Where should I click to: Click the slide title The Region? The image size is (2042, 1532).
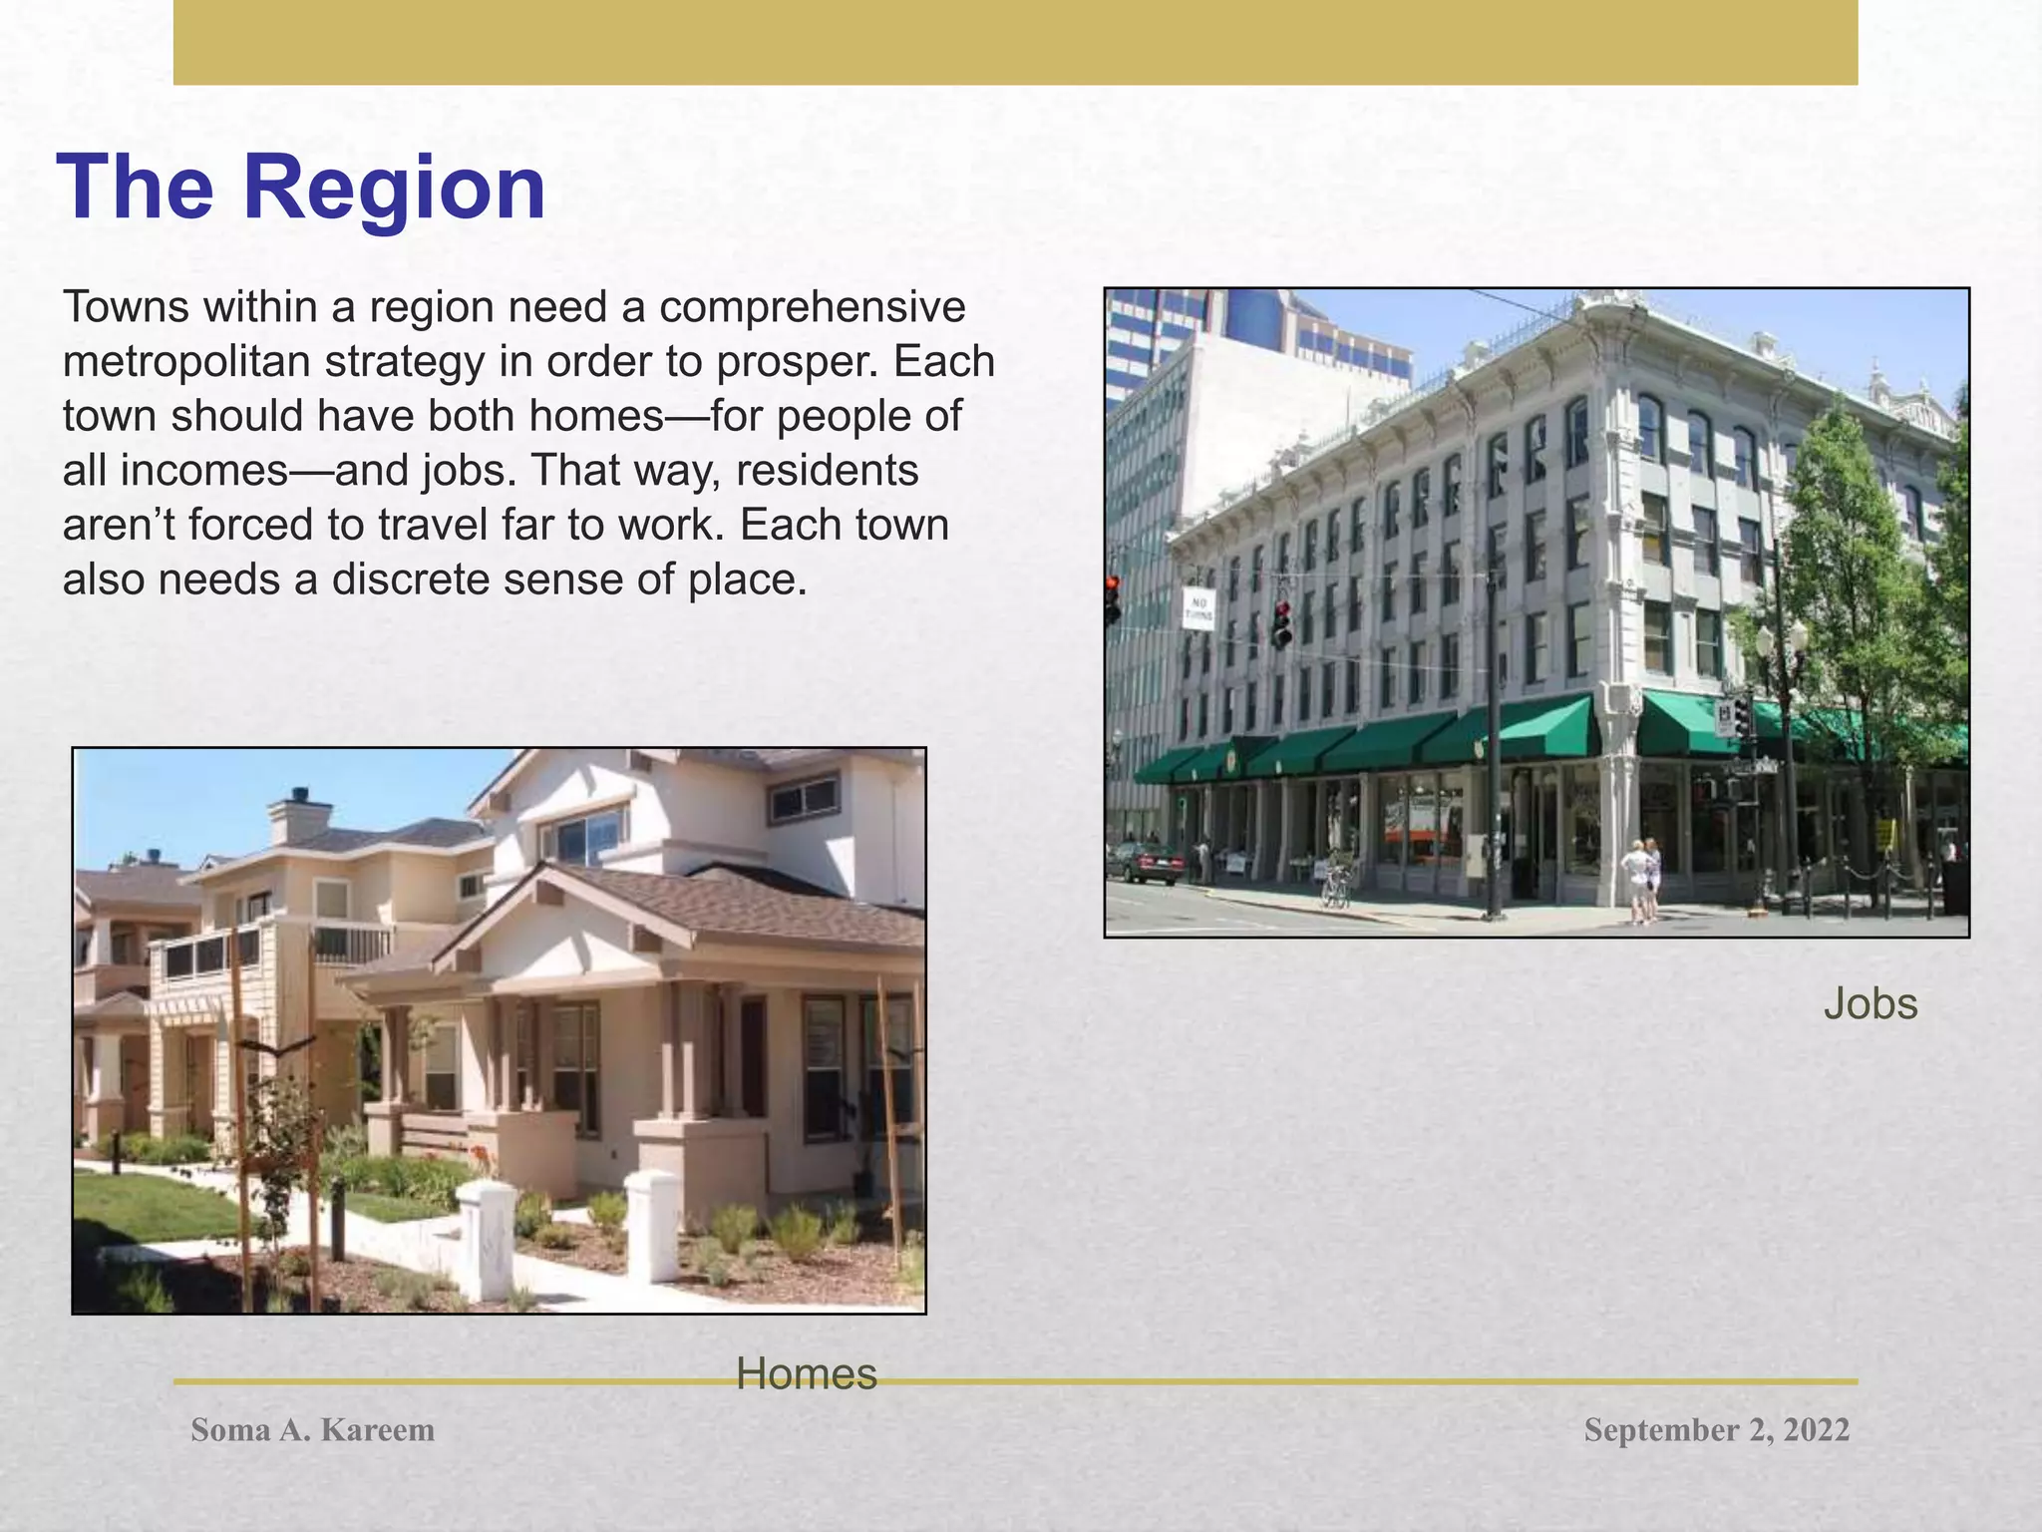(x=302, y=189)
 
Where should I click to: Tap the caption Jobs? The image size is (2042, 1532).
(x=1870, y=1004)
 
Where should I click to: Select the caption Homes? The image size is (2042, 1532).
(x=806, y=1374)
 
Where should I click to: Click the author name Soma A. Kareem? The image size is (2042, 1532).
(x=312, y=1430)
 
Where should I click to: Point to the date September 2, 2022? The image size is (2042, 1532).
(x=1716, y=1430)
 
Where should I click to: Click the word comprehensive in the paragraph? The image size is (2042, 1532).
(x=812, y=307)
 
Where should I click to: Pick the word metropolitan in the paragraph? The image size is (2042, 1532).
(x=185, y=361)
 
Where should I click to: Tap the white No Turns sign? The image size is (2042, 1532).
(x=1198, y=609)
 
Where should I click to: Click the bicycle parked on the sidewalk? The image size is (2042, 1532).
(x=1336, y=883)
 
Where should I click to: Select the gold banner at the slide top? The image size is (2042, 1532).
(x=1015, y=42)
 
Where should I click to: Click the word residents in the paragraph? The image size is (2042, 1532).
(x=827, y=471)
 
